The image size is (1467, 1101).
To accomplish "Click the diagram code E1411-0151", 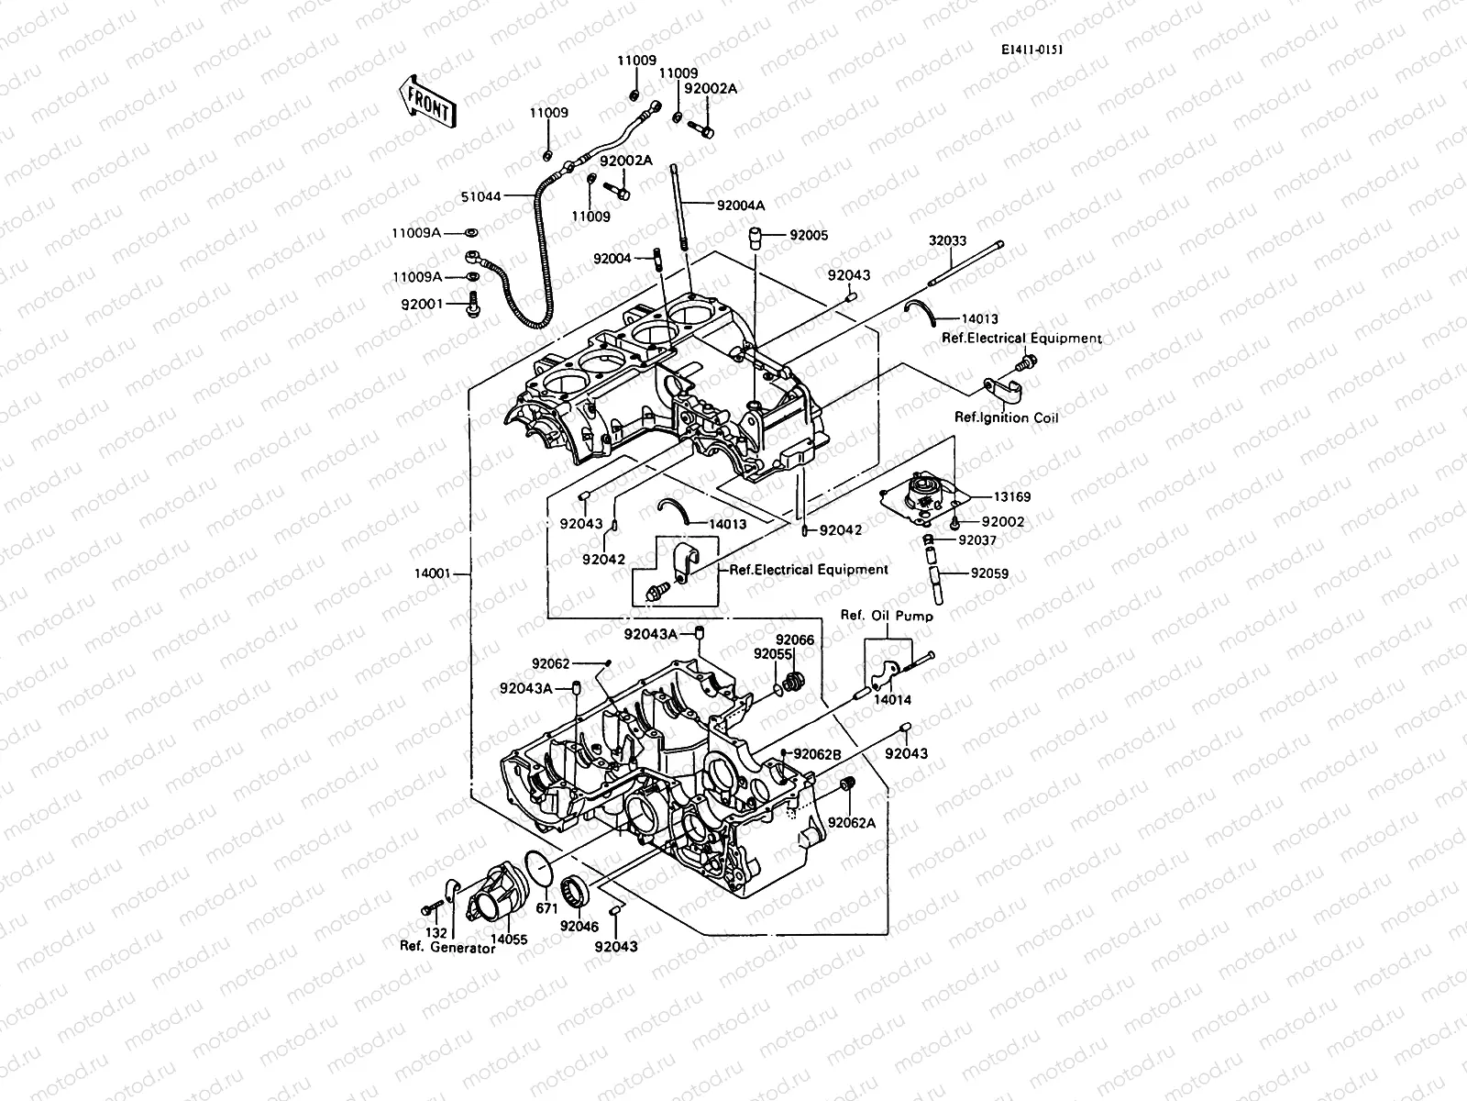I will [1032, 51].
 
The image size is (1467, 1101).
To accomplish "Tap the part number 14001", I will [432, 574].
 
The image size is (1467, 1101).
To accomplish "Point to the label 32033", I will [947, 241].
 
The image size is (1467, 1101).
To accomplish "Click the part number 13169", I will [1012, 497].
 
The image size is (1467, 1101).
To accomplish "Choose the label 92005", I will [809, 236].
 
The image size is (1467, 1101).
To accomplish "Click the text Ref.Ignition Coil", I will [1006, 418].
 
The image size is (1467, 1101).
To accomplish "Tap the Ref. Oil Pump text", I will [887, 617].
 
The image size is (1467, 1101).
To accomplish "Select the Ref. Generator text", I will [447, 948].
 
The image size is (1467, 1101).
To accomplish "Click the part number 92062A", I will [852, 823].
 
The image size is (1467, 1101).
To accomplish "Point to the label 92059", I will [989, 574].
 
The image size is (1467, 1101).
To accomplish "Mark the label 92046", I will [579, 927].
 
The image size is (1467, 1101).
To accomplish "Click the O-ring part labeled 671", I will [547, 906].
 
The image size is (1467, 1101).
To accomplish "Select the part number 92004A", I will [741, 206].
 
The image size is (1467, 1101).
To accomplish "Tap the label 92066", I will [794, 639].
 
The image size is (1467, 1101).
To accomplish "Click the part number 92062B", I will [817, 754].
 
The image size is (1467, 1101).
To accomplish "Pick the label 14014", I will [892, 699].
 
